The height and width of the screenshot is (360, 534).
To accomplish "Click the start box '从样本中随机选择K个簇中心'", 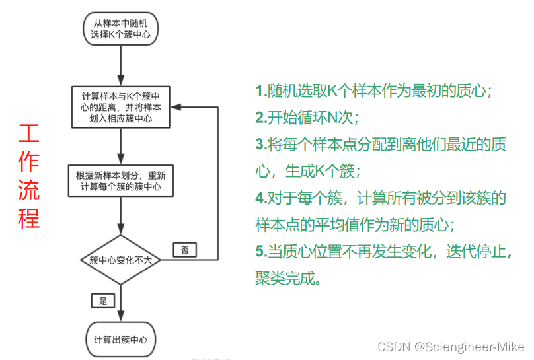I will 120,27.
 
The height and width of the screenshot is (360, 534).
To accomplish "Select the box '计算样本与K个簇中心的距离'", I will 120,106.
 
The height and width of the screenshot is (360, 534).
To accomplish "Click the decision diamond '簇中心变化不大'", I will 120,260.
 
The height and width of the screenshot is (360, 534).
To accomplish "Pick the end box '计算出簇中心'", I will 120,340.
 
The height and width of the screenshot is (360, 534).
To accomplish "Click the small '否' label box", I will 184,250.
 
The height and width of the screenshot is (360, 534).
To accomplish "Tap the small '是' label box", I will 102,301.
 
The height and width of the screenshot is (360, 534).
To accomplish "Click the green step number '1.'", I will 261,91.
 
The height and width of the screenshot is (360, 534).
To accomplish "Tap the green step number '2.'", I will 261,118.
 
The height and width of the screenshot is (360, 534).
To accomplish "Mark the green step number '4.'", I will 261,198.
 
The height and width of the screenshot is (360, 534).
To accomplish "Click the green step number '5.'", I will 261,252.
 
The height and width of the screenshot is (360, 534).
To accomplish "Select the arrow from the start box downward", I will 120,64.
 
